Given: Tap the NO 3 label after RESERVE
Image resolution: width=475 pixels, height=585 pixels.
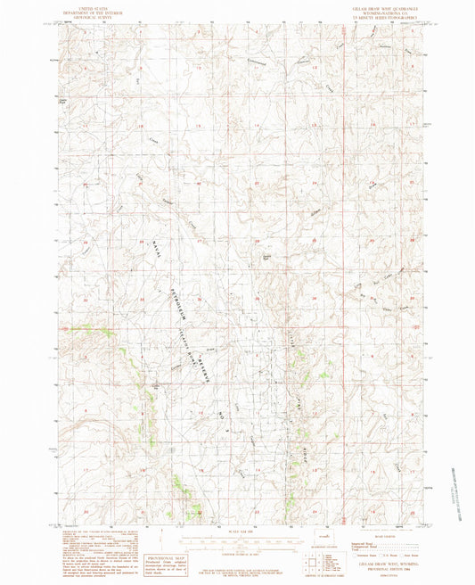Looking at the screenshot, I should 223,412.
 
